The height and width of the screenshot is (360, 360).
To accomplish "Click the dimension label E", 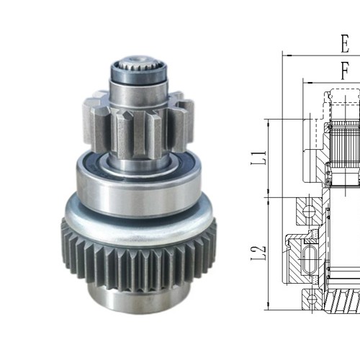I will [345, 44].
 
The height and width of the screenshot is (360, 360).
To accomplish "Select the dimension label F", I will [345, 70].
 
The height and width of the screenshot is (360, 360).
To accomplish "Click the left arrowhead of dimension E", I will [286, 54].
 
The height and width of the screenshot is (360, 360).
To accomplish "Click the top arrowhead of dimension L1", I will [268, 122].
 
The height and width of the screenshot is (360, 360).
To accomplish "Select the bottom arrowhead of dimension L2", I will [268, 307].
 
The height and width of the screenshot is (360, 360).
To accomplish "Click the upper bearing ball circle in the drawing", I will [310, 212].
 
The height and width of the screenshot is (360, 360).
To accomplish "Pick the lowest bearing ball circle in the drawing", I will [311, 297].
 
